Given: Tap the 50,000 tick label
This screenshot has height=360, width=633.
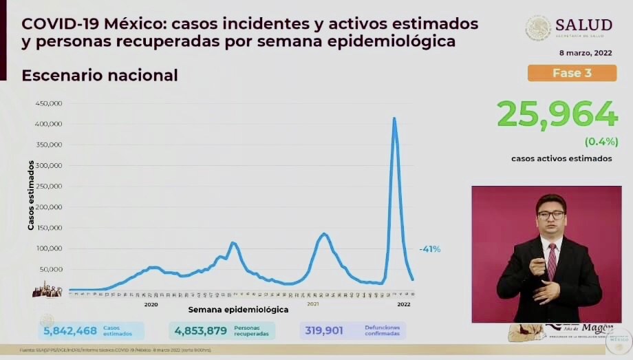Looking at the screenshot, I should [51, 269].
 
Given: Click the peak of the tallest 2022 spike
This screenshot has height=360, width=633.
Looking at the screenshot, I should [394, 118].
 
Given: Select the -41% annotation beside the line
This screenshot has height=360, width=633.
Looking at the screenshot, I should [429, 249].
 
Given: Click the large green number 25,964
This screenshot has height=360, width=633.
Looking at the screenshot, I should [557, 114].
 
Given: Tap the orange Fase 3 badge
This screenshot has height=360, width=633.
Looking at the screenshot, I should [571, 73].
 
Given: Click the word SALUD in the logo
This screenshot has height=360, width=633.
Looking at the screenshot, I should [583, 25].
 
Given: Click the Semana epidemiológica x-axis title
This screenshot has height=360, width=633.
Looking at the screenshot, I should [238, 310].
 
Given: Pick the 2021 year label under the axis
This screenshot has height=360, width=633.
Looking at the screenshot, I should [313, 304].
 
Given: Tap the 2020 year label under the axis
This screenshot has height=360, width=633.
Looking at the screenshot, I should [151, 304].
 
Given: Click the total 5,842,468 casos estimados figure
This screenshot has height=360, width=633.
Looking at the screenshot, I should [70, 330].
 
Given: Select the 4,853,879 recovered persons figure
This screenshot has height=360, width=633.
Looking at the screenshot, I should [201, 330].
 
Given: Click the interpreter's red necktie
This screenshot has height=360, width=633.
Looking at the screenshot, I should [551, 262].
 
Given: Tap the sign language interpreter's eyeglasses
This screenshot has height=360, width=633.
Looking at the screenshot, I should [550, 215].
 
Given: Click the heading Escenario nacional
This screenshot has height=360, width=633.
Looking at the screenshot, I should [100, 75].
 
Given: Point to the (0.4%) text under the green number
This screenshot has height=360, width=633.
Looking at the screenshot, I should [598, 142].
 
